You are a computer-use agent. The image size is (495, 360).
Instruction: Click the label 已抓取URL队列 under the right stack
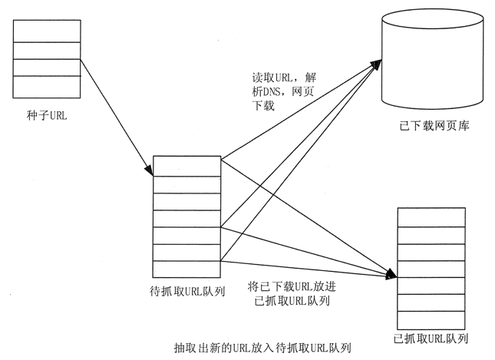pos(430,338)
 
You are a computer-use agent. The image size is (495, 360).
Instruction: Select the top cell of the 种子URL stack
pos(47,31)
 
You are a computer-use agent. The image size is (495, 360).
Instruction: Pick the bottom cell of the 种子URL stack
pos(47,85)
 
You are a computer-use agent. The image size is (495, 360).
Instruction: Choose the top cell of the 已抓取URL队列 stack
pos(431,216)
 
